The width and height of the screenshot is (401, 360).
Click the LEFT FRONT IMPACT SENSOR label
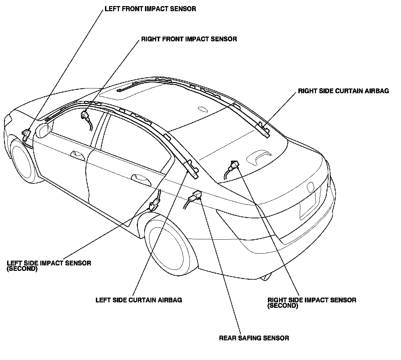(x=150, y=9)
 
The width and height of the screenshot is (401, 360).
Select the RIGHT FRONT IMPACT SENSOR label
(x=189, y=39)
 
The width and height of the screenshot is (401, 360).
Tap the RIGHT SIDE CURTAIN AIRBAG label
(x=343, y=91)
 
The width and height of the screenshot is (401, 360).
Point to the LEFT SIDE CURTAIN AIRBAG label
(x=139, y=300)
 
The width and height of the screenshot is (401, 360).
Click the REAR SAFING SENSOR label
(x=254, y=338)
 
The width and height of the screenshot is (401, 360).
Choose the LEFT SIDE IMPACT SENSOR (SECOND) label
(x=49, y=265)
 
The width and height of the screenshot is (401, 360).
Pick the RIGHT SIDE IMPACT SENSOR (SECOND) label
(x=312, y=302)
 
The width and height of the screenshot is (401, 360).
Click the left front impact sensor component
(x=26, y=134)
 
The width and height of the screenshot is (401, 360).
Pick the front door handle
(x=77, y=154)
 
